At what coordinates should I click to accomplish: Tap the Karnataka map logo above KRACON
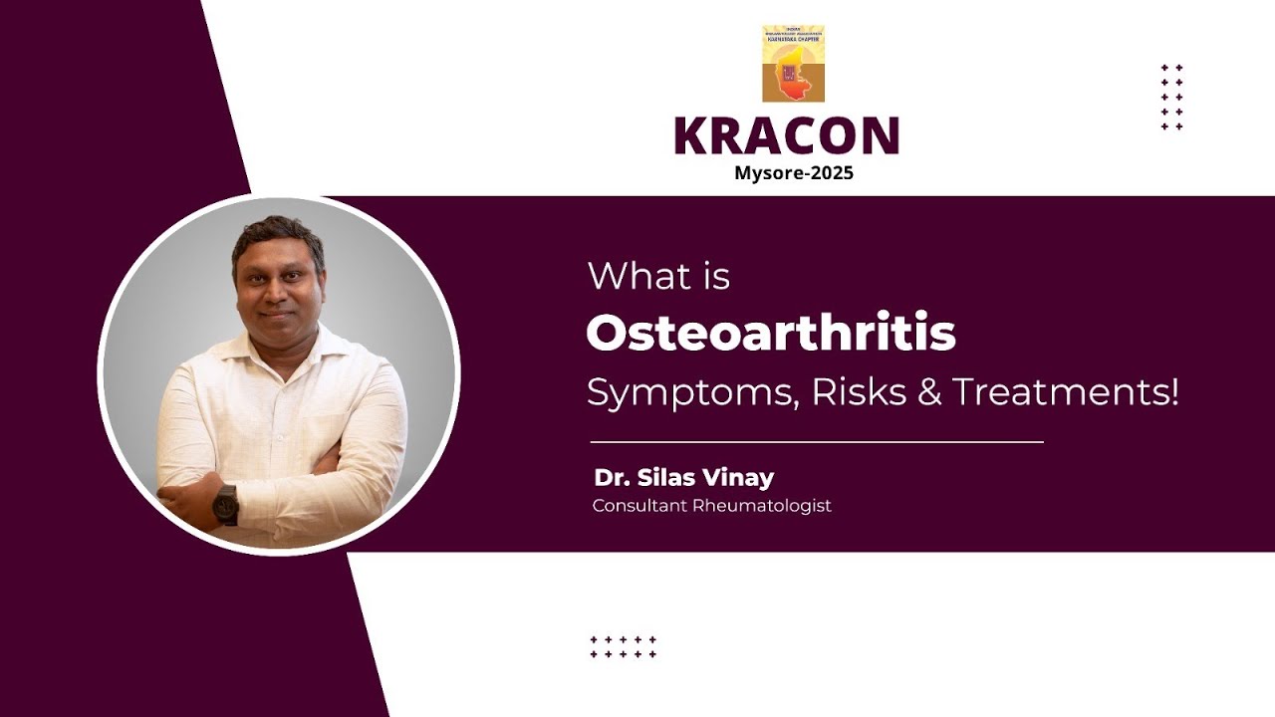coord(793,65)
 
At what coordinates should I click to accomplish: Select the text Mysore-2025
coord(794,173)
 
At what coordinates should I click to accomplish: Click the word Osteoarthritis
coord(770,334)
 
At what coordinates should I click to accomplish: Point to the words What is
coord(658,276)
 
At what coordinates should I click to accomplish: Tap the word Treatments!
coord(1065,392)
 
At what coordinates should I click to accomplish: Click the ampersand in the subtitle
coord(928,392)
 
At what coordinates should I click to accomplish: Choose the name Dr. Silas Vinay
coord(683,477)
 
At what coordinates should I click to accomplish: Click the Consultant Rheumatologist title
coord(711,506)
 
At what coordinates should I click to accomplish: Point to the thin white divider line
coord(817,441)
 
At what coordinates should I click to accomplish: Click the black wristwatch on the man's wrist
coord(225,505)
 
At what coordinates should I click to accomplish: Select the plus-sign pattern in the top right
coord(1171,98)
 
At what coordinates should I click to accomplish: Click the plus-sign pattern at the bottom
coord(623,647)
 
